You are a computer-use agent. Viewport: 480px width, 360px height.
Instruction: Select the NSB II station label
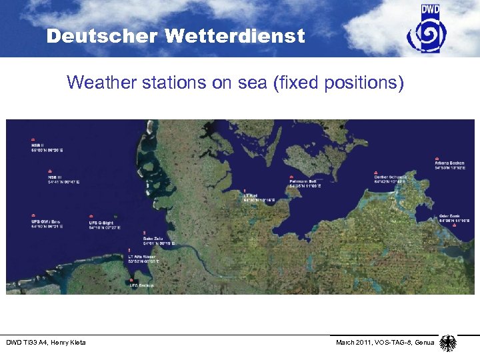click(37, 145)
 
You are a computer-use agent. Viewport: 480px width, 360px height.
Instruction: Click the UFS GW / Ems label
click(45, 221)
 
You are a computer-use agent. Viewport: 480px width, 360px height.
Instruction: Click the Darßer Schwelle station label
click(390, 177)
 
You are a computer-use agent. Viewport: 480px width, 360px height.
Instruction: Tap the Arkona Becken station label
click(448, 163)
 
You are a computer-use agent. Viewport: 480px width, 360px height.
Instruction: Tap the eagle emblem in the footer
click(449, 343)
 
